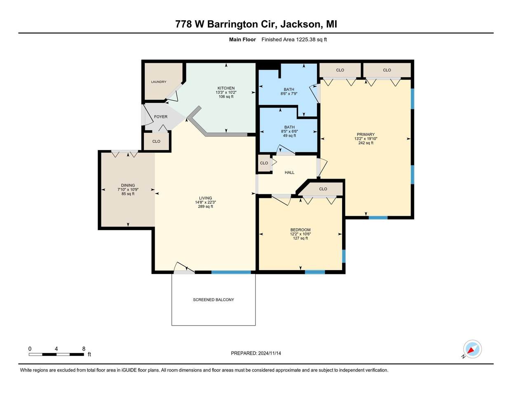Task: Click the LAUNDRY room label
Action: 159,82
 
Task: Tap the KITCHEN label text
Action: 226,88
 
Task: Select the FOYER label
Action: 161,117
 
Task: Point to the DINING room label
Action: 128,185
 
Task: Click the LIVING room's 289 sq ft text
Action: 205,207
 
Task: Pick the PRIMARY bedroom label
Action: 366,134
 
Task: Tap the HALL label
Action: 289,172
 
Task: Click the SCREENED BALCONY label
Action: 214,299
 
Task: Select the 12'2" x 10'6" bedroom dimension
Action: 301,234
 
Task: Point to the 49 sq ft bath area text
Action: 289,136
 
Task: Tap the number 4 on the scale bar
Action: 56,349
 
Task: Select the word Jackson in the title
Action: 301,24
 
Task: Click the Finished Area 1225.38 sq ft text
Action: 294,40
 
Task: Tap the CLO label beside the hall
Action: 264,163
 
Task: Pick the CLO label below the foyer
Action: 156,141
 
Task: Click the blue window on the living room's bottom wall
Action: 231,272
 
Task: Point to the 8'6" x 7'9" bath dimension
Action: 289,93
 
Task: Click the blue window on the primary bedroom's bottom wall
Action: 378,217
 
